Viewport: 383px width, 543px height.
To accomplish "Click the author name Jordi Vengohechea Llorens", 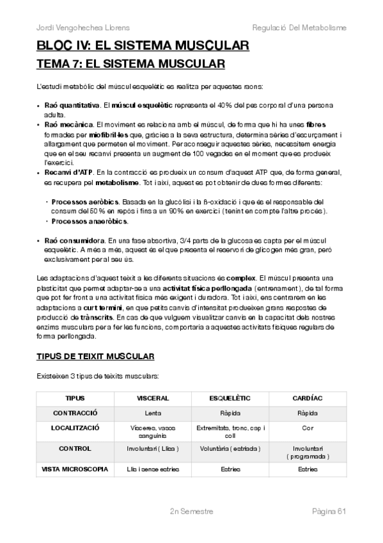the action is (75, 28).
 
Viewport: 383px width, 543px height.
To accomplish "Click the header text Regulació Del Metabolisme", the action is (299, 28).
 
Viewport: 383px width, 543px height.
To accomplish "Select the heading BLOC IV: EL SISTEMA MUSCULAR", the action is (143, 46).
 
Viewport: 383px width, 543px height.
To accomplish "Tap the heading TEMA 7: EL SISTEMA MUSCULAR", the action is (130, 64).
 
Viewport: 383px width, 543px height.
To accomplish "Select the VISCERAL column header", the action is (153, 398).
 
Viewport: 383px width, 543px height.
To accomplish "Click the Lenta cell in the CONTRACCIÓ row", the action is (153, 412).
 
